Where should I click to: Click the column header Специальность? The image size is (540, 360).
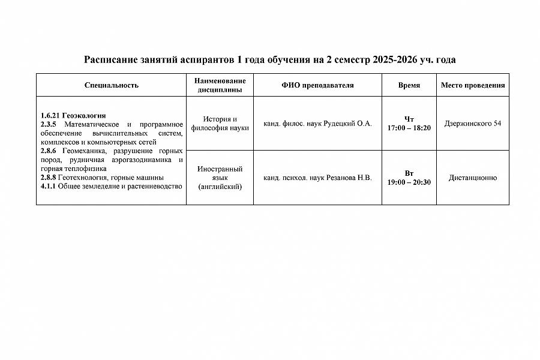[112, 85]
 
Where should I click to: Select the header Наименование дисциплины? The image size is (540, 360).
[220, 85]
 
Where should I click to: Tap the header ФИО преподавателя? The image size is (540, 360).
[317, 85]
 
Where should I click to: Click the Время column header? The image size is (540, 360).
[409, 85]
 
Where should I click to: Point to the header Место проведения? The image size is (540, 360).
[473, 85]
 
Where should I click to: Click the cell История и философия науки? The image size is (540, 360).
[220, 124]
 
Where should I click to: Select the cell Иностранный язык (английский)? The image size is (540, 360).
[220, 178]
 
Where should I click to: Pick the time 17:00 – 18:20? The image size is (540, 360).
[409, 128]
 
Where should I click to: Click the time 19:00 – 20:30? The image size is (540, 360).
[409, 182]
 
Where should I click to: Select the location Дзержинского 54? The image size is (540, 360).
[473, 124]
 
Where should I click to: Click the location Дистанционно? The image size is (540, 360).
[473, 178]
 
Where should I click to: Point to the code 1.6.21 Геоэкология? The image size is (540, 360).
[73, 116]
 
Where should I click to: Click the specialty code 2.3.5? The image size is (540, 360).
[48, 124]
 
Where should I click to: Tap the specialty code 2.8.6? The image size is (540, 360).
[48, 151]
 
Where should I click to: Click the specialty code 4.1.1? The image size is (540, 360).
[48, 187]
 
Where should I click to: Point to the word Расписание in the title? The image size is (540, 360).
[112, 60]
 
